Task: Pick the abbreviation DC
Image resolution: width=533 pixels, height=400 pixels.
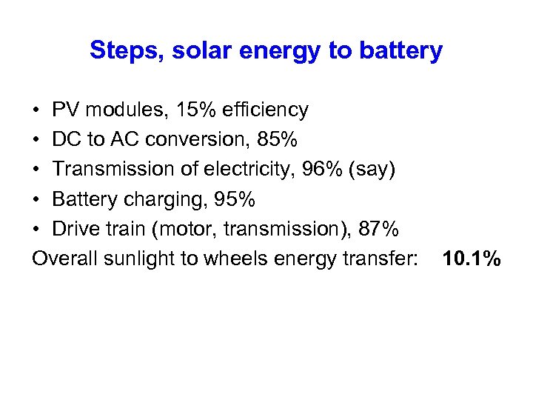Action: point(65,140)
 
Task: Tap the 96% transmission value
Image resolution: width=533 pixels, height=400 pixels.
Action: point(319,170)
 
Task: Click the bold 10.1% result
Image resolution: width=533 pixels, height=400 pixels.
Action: point(471,259)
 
